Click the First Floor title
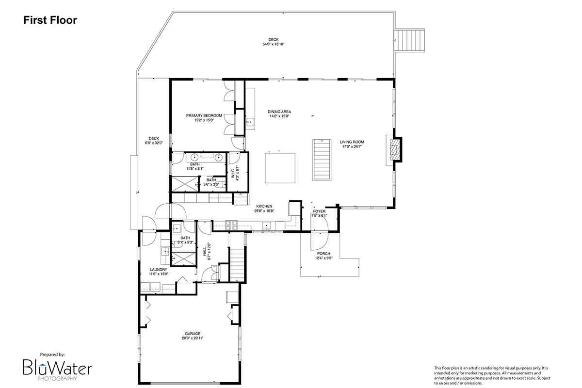point(50,20)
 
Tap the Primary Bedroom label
point(204,115)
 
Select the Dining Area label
point(279,112)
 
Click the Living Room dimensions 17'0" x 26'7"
point(352,146)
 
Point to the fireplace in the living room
point(395,149)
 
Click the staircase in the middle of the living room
point(322,160)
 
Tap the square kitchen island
point(280,168)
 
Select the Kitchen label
point(264,206)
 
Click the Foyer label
point(319,211)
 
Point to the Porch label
point(324,254)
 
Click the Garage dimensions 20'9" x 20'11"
point(193,338)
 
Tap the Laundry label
point(159,270)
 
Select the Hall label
point(205,251)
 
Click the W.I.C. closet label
point(233,173)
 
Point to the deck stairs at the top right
point(409,40)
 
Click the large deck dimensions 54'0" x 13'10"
point(274,44)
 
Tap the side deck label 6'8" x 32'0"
point(154,143)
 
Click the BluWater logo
point(57,369)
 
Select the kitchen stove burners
point(231,226)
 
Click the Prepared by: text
point(52,355)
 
